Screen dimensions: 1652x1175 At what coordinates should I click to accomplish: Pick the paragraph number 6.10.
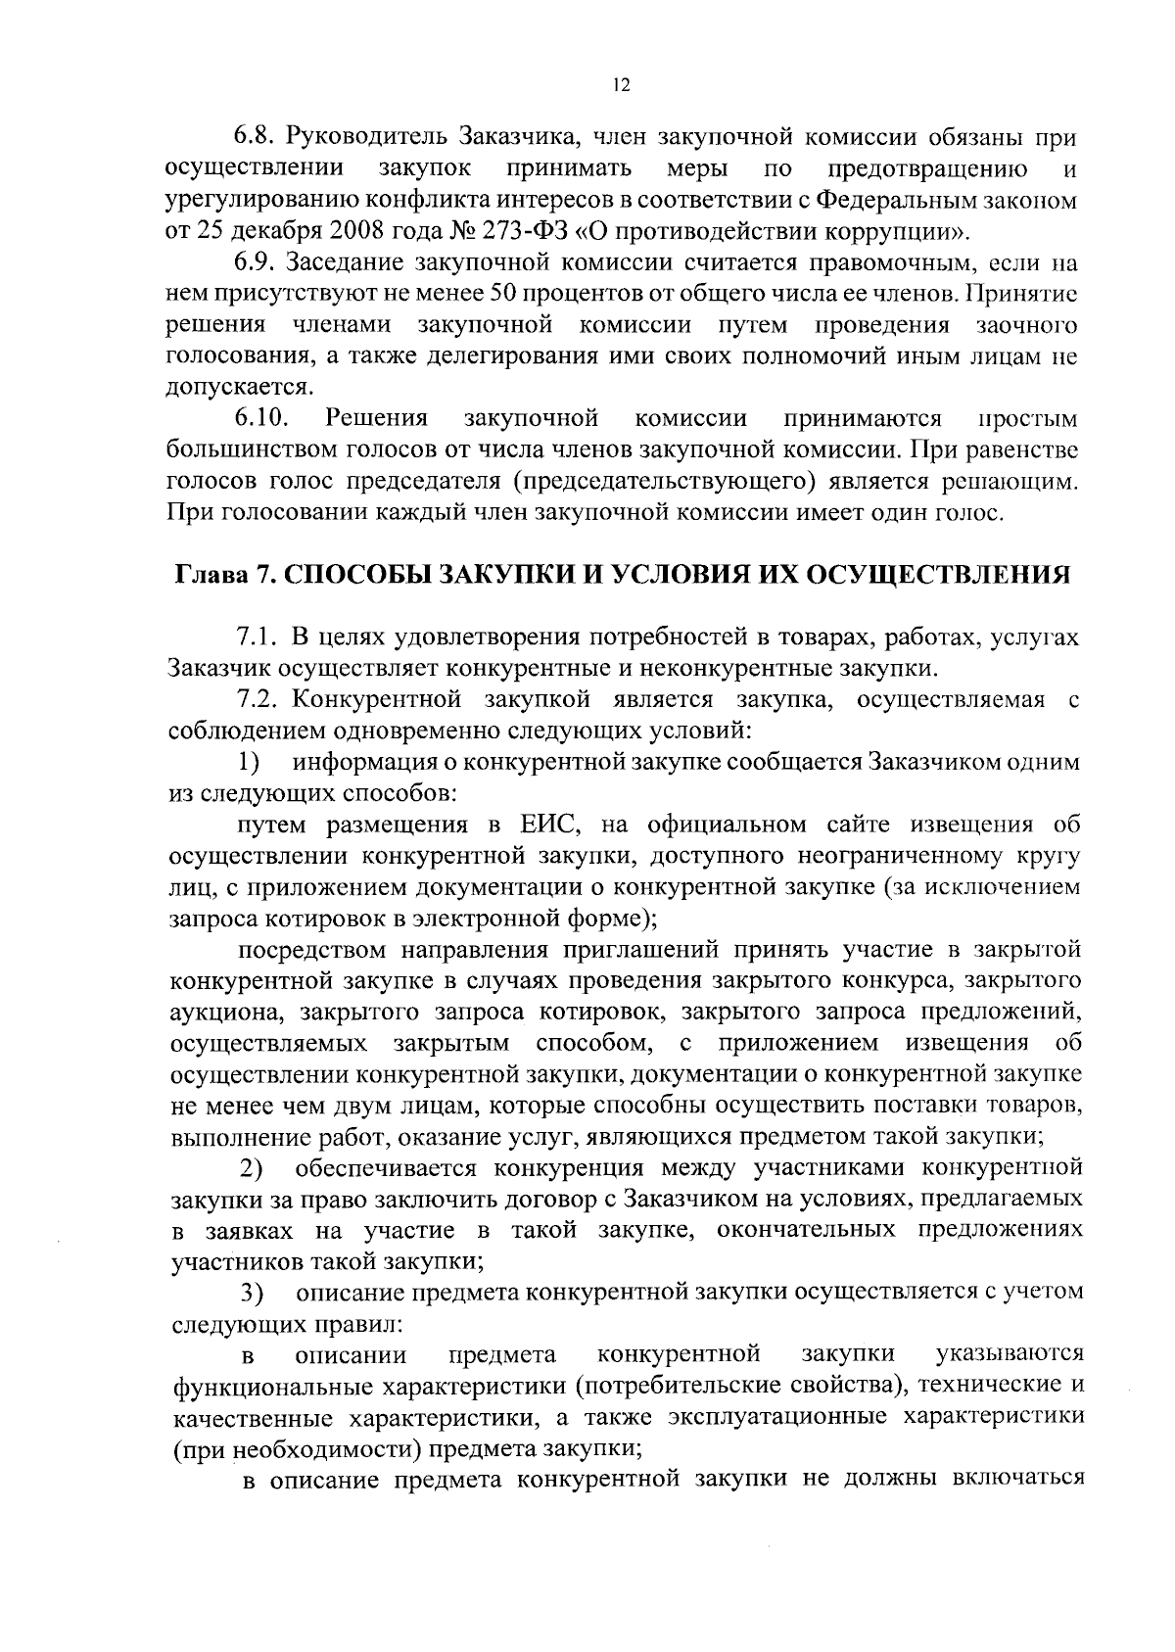coord(260,419)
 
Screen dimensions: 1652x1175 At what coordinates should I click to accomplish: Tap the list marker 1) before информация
coord(250,763)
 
